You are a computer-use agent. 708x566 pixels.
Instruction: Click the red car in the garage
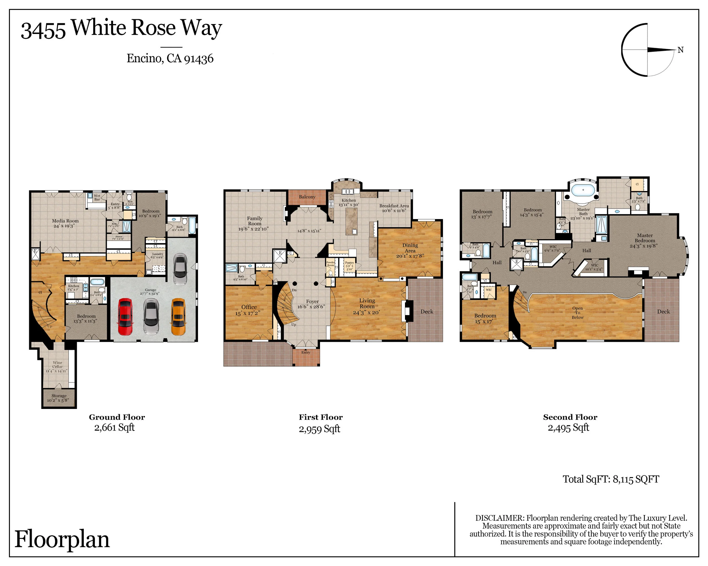(125, 317)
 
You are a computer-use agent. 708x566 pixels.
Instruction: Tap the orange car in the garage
(178, 317)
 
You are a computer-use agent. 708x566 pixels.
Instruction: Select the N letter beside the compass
(681, 50)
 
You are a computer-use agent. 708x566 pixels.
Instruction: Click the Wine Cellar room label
(57, 366)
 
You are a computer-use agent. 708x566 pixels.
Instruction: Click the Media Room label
(65, 223)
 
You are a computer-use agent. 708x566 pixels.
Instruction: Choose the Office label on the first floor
(249, 310)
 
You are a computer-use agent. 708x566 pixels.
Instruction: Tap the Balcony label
(307, 197)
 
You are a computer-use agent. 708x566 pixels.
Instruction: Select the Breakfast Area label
(394, 208)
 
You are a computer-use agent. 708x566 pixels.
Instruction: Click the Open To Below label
(577, 313)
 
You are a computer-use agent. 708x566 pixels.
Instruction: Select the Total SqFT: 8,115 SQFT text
(611, 479)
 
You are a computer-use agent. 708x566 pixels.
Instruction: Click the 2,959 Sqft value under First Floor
(319, 429)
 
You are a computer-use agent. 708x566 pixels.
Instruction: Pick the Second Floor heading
(570, 417)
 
